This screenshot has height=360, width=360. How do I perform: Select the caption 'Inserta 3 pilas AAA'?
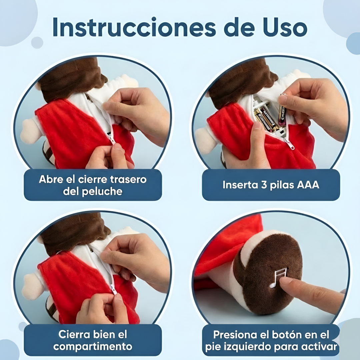[271, 185]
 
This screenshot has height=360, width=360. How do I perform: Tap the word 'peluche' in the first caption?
[102, 192]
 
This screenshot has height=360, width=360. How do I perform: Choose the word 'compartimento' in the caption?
[93, 346]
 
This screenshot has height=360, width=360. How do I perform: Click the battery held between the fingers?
[283, 110]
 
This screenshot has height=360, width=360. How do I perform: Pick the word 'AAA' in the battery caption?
[308, 185]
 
